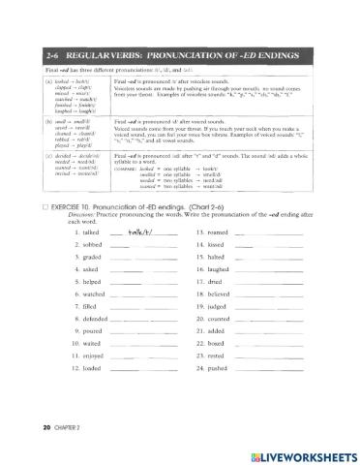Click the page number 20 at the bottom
coord(21,426)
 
